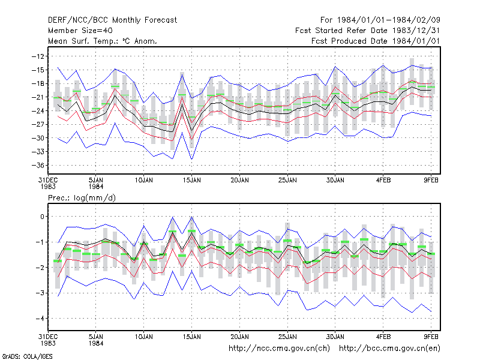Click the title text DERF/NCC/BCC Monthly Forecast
click(112, 20)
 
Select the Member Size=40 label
click(80, 31)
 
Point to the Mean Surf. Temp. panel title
click(103, 41)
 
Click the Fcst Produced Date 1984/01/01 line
click(376, 41)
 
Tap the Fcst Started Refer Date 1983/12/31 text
click(368, 31)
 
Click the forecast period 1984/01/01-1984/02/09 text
click(380, 20)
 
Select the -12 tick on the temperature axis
click(38, 56)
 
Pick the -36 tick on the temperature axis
click(38, 166)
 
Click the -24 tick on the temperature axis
click(38, 111)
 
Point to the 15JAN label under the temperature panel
click(192, 181)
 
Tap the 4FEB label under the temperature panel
click(383, 181)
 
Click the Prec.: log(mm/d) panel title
click(82, 198)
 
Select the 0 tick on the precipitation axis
click(42, 217)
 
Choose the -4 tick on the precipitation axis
click(40, 319)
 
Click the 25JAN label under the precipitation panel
click(287, 337)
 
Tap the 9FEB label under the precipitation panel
click(431, 337)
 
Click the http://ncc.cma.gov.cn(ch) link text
click(279, 349)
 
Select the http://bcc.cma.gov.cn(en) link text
click(389, 349)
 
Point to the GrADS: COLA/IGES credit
click(27, 356)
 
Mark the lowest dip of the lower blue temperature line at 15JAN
click(192, 159)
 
